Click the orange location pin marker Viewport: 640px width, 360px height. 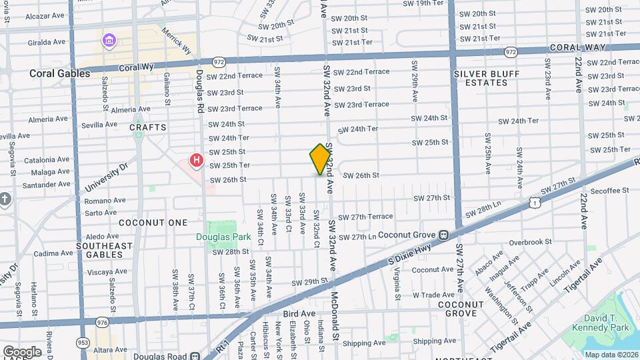click(320, 159)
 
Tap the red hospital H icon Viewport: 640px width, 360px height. click(196, 160)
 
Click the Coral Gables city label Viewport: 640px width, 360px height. click(59, 73)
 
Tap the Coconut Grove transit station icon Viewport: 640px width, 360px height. click(443, 235)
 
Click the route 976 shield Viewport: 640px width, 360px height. click(102, 322)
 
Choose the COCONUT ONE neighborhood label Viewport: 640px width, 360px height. click(149, 222)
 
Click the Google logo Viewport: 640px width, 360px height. click(22, 351)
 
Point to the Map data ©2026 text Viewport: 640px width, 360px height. click(611, 354)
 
